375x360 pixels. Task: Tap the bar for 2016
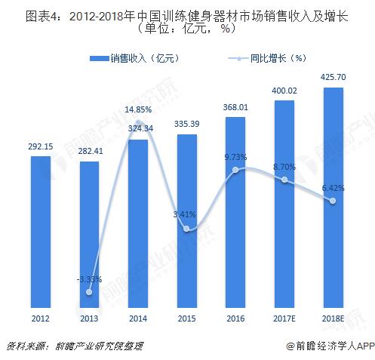235,211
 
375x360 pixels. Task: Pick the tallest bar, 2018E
334,196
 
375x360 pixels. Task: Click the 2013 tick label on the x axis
89,319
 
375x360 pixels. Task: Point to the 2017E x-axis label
284,319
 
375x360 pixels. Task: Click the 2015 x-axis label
186,319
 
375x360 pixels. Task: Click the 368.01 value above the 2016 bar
235,106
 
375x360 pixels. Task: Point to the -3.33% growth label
89,279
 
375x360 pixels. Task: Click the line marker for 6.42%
334,200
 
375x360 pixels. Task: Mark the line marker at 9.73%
235,170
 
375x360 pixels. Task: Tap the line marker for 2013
89,291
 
